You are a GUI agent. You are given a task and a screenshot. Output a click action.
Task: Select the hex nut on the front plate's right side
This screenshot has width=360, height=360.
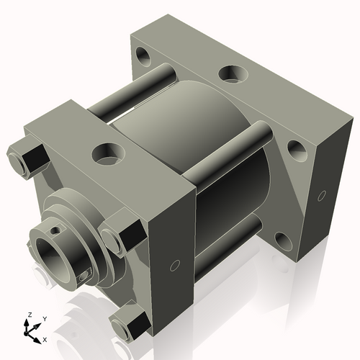[x=119, y=235]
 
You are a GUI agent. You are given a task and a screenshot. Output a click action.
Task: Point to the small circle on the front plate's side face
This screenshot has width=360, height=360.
[x=174, y=266]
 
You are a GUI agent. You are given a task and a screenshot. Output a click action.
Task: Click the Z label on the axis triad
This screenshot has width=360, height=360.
[x=28, y=315]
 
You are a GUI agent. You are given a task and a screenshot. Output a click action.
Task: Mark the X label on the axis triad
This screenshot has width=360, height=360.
[x=45, y=338]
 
